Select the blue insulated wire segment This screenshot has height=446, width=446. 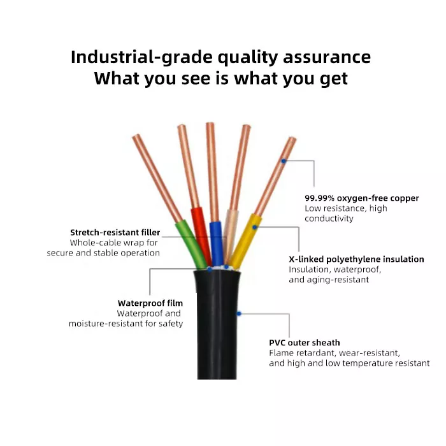click(x=217, y=242)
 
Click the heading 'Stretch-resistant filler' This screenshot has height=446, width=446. click(x=115, y=233)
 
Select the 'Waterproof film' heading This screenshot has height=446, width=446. click(x=150, y=303)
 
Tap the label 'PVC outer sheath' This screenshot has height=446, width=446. click(x=305, y=343)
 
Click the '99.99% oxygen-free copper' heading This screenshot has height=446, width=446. click(x=361, y=198)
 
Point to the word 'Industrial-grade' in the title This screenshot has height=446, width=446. click(x=140, y=57)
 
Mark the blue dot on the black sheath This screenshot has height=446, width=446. click(x=239, y=313)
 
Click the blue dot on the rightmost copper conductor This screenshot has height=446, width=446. click(x=284, y=161)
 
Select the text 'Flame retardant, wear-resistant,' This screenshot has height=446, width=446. click(x=334, y=353)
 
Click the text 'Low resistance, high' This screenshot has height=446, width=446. click(x=345, y=208)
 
